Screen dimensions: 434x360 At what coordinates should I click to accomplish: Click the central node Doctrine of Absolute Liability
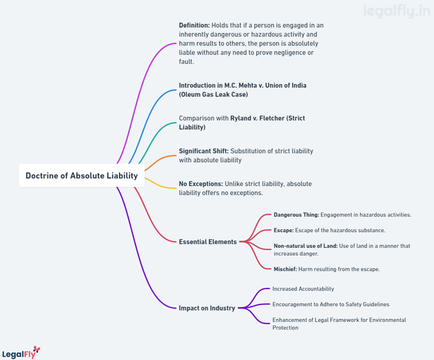(x=82, y=175)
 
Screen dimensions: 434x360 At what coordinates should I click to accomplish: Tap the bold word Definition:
(x=195, y=25)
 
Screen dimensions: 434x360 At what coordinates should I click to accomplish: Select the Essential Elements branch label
(x=208, y=242)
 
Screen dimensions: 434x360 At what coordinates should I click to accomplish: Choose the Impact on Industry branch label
(x=207, y=308)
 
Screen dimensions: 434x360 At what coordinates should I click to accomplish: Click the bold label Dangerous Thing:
(x=296, y=215)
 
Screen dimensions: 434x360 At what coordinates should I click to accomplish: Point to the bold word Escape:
(x=284, y=230)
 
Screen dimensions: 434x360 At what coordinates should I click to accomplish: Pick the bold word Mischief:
(x=286, y=269)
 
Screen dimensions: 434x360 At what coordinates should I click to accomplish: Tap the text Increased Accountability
(x=303, y=289)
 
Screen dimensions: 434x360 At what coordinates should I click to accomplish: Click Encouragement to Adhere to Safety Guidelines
(x=331, y=304)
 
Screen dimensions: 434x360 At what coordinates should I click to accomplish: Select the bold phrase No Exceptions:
(x=201, y=184)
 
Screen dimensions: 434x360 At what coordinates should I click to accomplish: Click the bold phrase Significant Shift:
(x=204, y=151)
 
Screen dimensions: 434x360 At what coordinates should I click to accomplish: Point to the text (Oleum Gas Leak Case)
(x=213, y=95)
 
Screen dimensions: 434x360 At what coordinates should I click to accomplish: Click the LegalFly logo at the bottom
(x=21, y=353)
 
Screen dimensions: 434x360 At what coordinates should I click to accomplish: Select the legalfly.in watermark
(x=397, y=11)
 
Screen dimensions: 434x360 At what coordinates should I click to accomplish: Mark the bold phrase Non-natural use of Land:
(x=306, y=246)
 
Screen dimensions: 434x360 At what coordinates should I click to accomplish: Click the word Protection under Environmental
(x=286, y=328)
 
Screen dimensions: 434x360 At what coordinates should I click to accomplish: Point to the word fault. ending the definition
(x=186, y=61)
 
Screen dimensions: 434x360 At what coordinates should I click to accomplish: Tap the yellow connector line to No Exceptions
(x=160, y=185)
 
